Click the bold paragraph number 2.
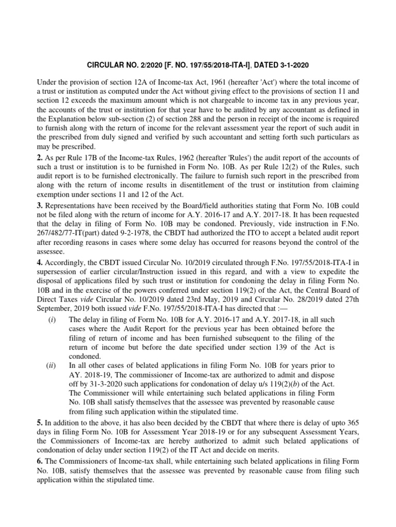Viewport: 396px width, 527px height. pos(39,157)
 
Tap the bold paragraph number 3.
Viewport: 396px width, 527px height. pos(39,204)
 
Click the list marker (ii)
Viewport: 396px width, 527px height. pos(51,366)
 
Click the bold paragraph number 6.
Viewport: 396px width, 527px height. pos(39,461)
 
